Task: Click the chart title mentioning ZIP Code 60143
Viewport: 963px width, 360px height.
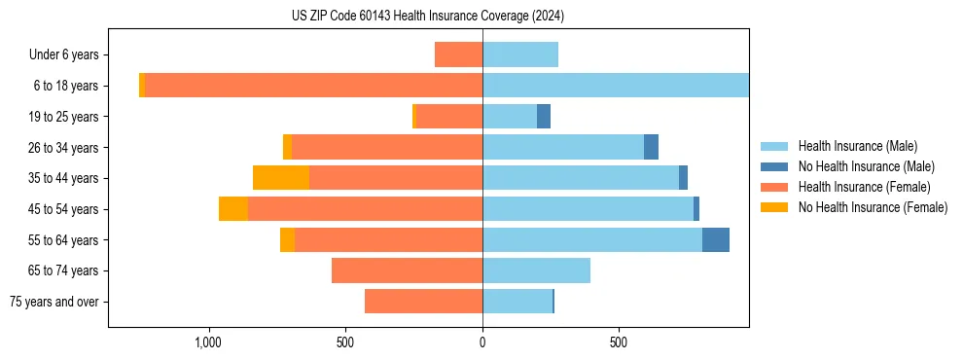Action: (x=427, y=17)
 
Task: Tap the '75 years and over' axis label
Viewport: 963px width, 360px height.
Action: (x=54, y=302)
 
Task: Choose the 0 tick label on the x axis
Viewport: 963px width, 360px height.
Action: (x=482, y=342)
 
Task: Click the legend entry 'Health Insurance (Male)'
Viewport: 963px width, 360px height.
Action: (x=857, y=146)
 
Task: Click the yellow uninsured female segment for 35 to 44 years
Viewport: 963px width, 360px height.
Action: (x=281, y=178)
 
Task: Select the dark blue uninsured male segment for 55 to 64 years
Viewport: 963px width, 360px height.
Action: (x=716, y=239)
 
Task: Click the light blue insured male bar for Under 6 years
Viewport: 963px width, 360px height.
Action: (x=520, y=54)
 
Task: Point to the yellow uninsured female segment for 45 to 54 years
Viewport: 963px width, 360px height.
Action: (x=233, y=209)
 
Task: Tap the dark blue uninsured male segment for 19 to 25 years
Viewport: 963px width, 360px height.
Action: (x=544, y=117)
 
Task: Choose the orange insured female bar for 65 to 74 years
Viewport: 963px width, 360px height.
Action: (x=407, y=270)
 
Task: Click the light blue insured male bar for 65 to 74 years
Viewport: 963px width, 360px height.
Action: (x=536, y=270)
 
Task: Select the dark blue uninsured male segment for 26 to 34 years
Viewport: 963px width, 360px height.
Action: (x=651, y=147)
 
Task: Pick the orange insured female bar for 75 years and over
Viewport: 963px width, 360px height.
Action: (x=423, y=302)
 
